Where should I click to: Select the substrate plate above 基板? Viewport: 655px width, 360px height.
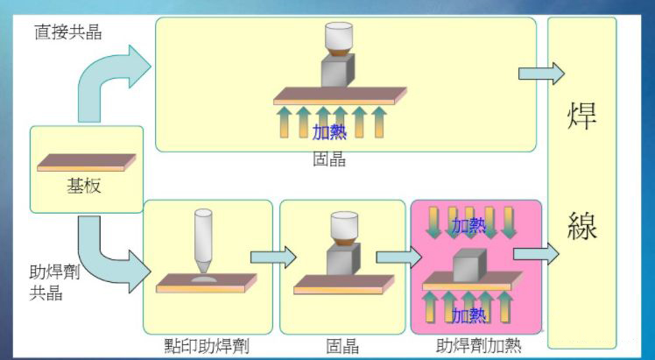(x=87, y=162)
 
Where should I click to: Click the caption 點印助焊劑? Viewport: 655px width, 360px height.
(x=207, y=346)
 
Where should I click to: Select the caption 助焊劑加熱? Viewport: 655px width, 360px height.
(x=478, y=346)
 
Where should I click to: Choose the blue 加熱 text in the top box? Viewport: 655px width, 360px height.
(x=329, y=132)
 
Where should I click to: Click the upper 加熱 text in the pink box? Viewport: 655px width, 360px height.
(x=468, y=226)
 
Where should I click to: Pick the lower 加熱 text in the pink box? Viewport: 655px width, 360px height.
(x=468, y=314)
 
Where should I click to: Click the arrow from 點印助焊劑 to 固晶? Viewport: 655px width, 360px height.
(x=272, y=257)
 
